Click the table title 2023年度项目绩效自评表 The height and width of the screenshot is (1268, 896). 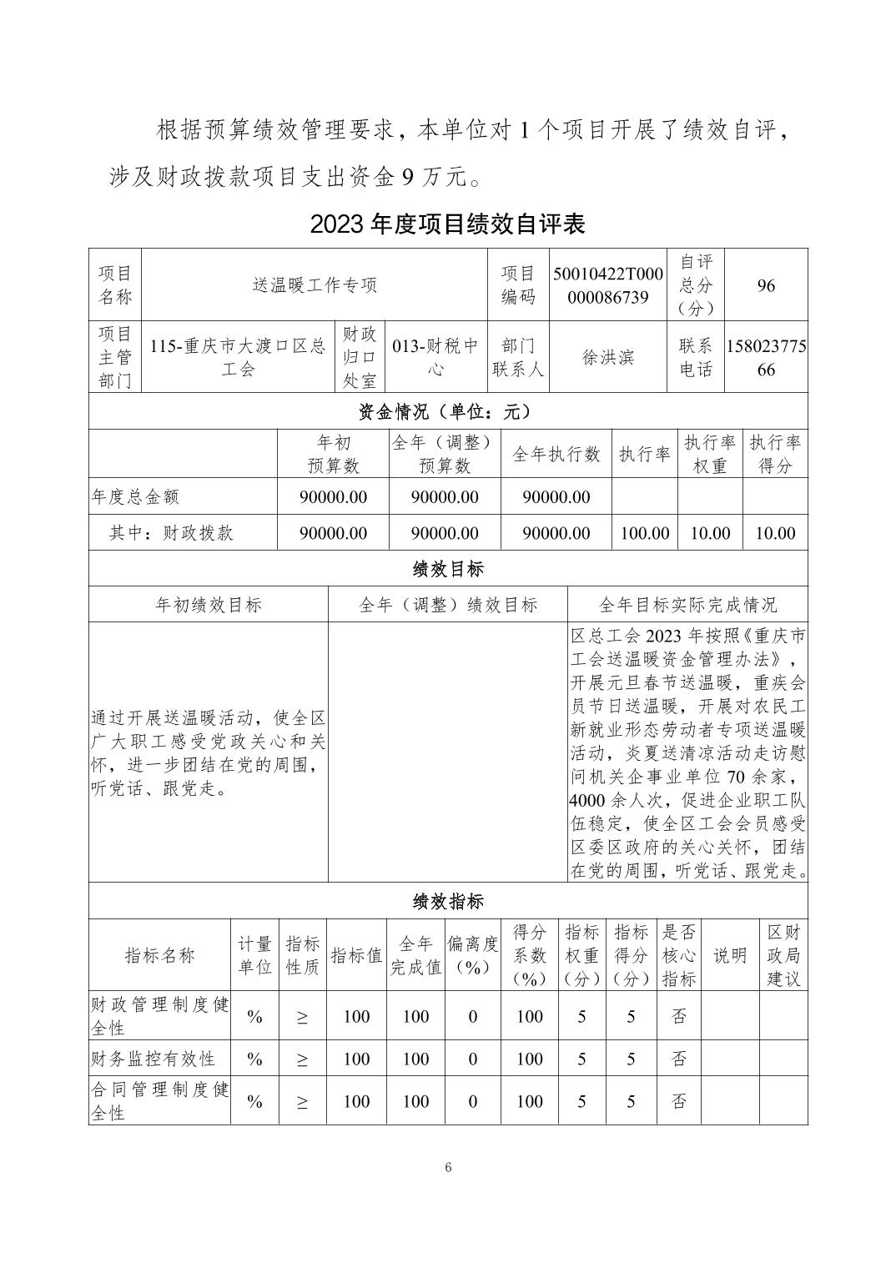coord(447,224)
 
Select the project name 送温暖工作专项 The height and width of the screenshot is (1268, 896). coord(315,285)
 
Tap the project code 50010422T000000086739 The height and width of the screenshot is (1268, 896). coord(607,285)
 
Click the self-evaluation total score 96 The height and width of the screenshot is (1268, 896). coord(766,285)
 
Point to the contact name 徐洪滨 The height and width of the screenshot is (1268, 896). coord(607,357)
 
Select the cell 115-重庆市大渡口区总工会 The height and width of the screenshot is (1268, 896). coord(238,357)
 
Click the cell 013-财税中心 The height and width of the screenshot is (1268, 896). coord(436,357)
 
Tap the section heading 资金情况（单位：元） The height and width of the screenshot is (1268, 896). coord(447,411)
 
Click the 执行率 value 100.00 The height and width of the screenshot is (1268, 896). coord(644,533)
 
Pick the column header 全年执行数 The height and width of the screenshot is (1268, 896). coord(556,454)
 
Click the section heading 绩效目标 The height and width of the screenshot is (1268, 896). coord(447,569)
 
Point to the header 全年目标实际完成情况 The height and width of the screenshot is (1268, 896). coord(687,605)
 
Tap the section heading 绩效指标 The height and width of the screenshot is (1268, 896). coord(447,902)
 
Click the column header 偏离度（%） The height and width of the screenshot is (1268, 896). coord(472,955)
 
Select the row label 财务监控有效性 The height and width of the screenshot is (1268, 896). coord(153,1059)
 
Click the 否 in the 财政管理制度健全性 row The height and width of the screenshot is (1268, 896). coord(678,1016)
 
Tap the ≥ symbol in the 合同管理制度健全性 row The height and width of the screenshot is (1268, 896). coord(301,1101)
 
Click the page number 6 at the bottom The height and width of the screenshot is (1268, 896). coord(448,1168)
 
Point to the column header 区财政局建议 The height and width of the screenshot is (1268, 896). coord(783,955)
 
